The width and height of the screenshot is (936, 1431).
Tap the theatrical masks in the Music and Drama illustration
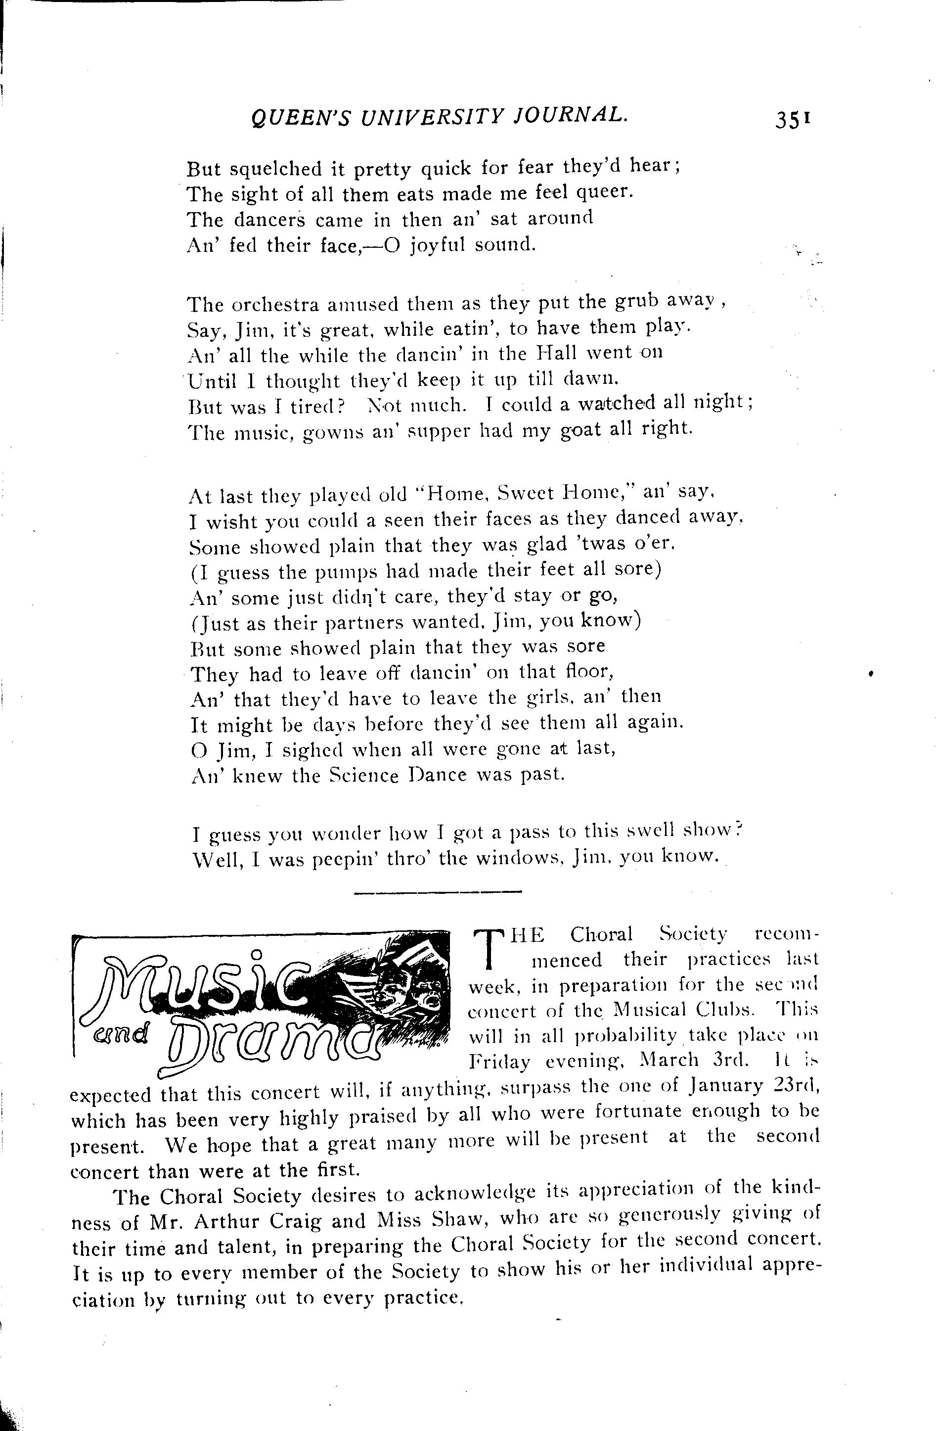point(409,986)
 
